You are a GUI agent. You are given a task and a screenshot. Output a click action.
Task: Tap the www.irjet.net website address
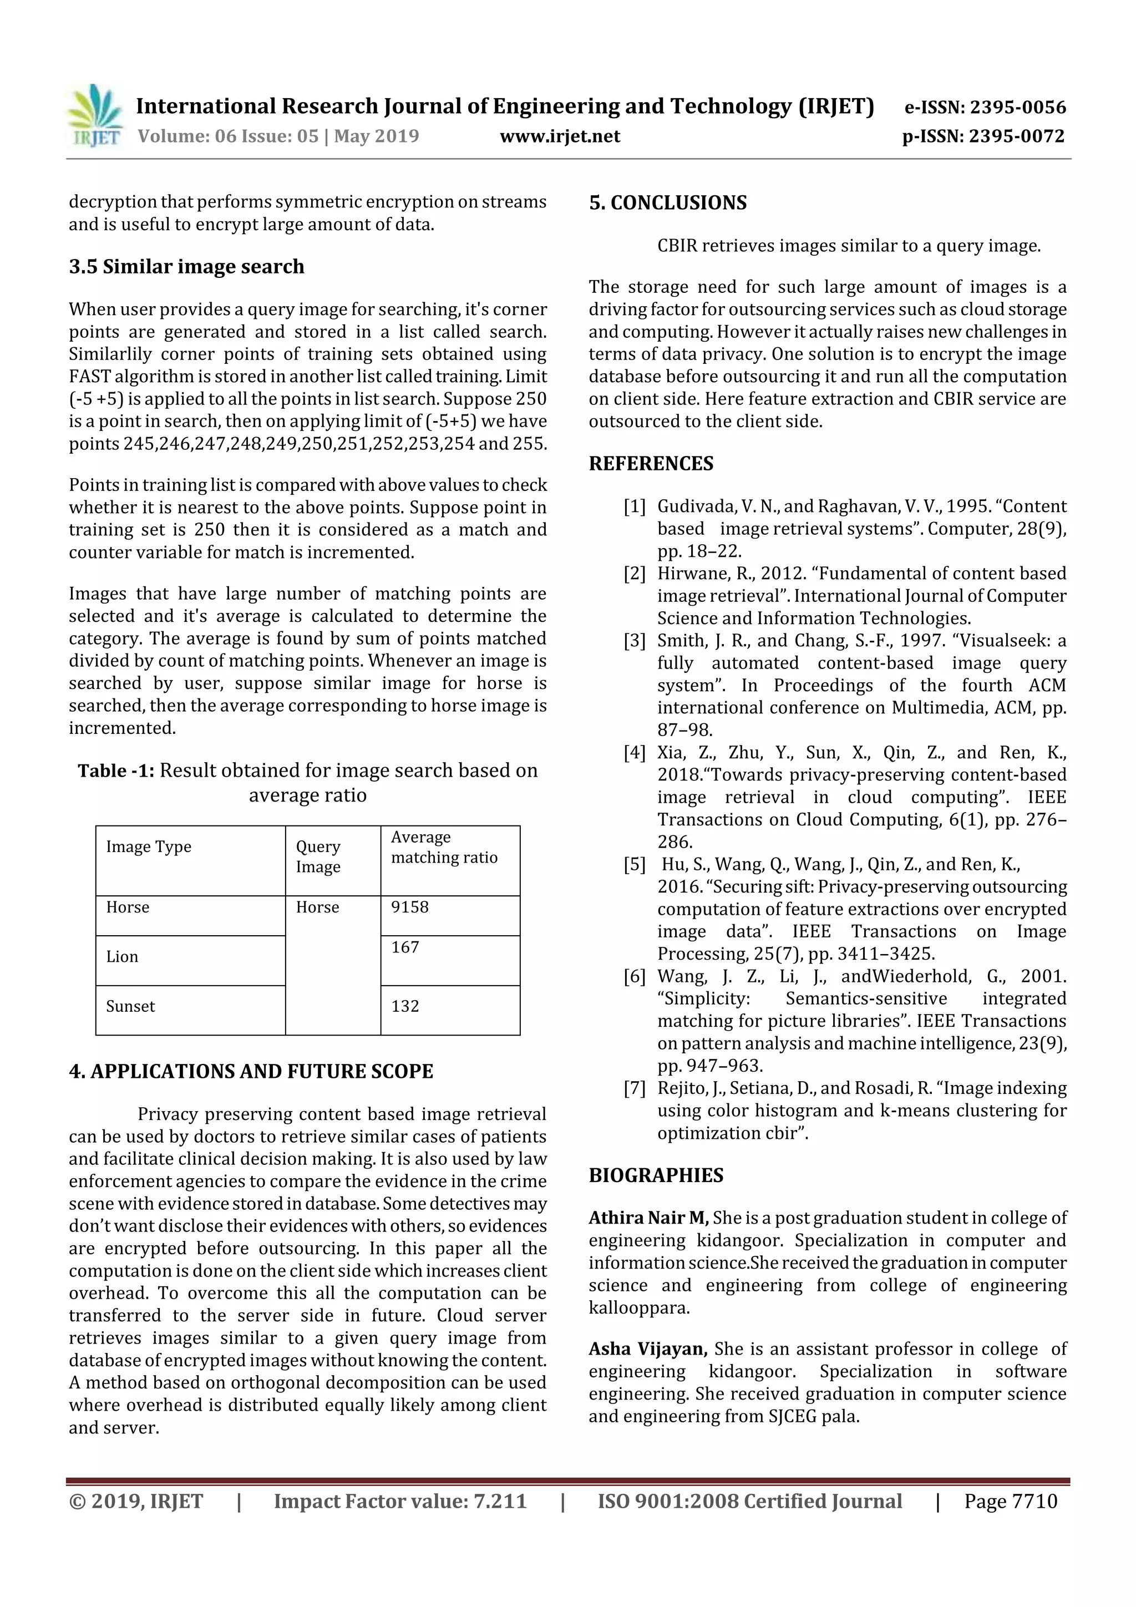point(559,136)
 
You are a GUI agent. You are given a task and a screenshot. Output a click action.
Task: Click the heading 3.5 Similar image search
point(186,267)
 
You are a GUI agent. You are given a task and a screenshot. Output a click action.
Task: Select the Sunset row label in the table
point(130,1006)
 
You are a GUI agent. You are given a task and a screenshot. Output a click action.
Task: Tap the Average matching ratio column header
point(444,848)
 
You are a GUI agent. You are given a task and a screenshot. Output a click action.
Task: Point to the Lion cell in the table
point(122,957)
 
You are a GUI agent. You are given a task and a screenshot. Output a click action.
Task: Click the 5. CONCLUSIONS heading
point(667,203)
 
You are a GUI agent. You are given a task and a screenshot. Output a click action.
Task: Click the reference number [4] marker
point(634,752)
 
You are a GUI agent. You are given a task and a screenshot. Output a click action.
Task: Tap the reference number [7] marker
point(634,1088)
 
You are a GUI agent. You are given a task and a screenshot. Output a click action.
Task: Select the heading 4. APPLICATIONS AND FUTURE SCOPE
point(251,1072)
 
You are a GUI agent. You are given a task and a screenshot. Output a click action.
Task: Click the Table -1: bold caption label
point(115,770)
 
